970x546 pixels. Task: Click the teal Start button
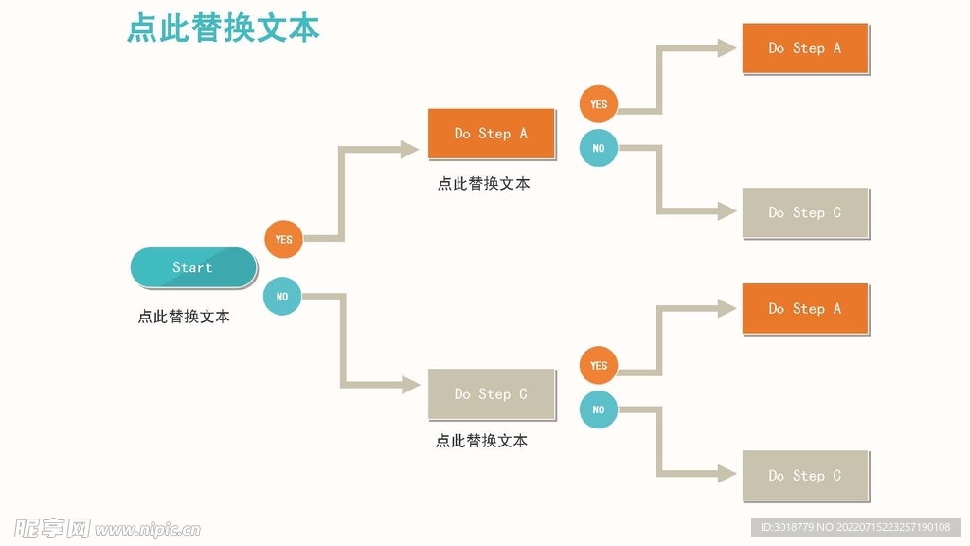193,267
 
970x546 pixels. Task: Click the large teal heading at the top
224,27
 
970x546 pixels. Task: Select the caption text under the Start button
184,317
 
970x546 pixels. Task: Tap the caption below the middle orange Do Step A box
483,184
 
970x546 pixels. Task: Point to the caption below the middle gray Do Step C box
481,441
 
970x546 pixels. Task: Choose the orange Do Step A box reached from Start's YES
491,134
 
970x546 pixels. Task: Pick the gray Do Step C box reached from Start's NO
491,394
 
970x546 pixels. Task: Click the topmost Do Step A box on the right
804,48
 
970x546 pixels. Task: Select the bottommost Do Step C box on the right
804,476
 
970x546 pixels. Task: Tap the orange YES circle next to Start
283,239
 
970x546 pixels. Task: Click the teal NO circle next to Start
282,297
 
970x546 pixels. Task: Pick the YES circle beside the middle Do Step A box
599,104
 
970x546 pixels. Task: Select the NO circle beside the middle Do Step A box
599,148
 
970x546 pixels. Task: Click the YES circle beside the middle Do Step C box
599,365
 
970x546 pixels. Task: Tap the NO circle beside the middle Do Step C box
599,409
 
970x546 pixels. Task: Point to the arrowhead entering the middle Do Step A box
410,149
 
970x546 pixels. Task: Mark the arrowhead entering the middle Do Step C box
410,385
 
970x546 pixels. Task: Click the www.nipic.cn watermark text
148,529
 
